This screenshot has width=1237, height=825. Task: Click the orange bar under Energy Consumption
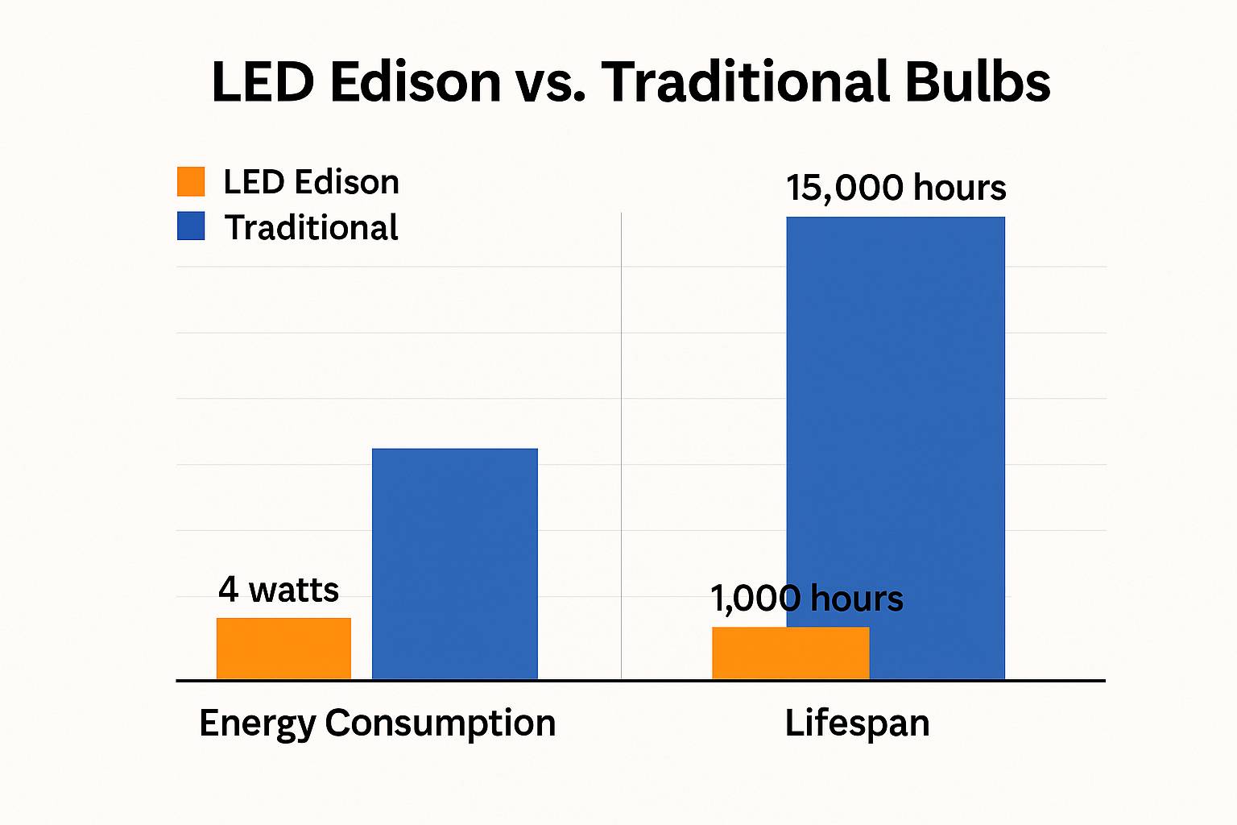[x=283, y=649]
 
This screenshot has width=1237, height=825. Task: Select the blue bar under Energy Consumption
[x=454, y=564]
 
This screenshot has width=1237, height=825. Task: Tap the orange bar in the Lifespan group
[x=790, y=653]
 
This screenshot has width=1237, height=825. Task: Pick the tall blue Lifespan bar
[x=896, y=403]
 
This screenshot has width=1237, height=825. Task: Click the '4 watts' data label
[x=279, y=590]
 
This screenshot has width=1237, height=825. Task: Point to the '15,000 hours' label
[x=896, y=188]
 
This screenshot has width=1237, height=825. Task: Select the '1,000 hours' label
[x=807, y=599]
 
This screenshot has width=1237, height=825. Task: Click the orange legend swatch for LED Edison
[x=191, y=181]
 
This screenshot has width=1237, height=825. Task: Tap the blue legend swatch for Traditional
[x=191, y=226]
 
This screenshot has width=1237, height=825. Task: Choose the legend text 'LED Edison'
[x=311, y=182]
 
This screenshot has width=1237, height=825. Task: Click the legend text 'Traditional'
[x=311, y=228]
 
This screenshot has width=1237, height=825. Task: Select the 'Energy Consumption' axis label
[x=377, y=723]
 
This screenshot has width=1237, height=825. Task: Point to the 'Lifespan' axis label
[x=857, y=723]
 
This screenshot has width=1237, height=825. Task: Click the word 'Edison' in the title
[x=416, y=82]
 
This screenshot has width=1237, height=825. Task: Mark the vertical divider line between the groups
[x=621, y=443]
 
